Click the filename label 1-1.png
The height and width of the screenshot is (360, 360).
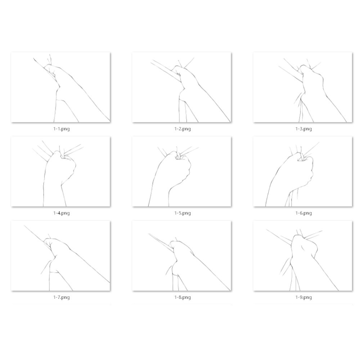(61, 129)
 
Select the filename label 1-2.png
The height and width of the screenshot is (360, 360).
(183, 129)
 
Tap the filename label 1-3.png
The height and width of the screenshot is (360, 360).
(303, 129)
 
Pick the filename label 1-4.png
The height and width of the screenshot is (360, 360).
(61, 213)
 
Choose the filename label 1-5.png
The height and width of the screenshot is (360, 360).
(183, 213)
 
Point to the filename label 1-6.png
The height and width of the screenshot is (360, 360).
(303, 213)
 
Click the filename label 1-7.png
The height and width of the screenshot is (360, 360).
(61, 297)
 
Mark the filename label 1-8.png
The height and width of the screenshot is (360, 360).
(183, 297)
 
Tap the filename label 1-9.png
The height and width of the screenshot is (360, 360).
(303, 297)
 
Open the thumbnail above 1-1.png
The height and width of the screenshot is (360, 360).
(60, 87)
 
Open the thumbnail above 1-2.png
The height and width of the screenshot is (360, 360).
(181, 87)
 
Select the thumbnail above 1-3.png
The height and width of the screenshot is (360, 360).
(303, 87)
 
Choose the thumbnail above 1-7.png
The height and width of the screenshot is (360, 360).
(60, 256)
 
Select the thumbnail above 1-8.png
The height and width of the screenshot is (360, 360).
(181, 256)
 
